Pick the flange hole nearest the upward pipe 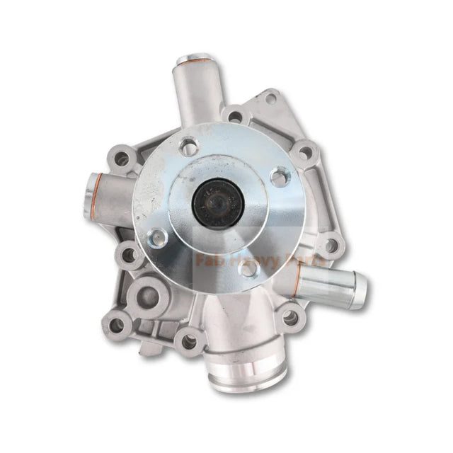pyautogui.click(x=189, y=147)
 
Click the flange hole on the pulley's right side pyautogui.click(x=280, y=176)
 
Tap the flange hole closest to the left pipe pyautogui.click(x=160, y=238)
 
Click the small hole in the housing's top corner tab pyautogui.click(x=270, y=98)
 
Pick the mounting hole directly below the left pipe pyautogui.click(x=128, y=253)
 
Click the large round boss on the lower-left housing pyautogui.click(x=150, y=290)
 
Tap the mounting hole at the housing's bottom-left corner pyautogui.click(x=117, y=325)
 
